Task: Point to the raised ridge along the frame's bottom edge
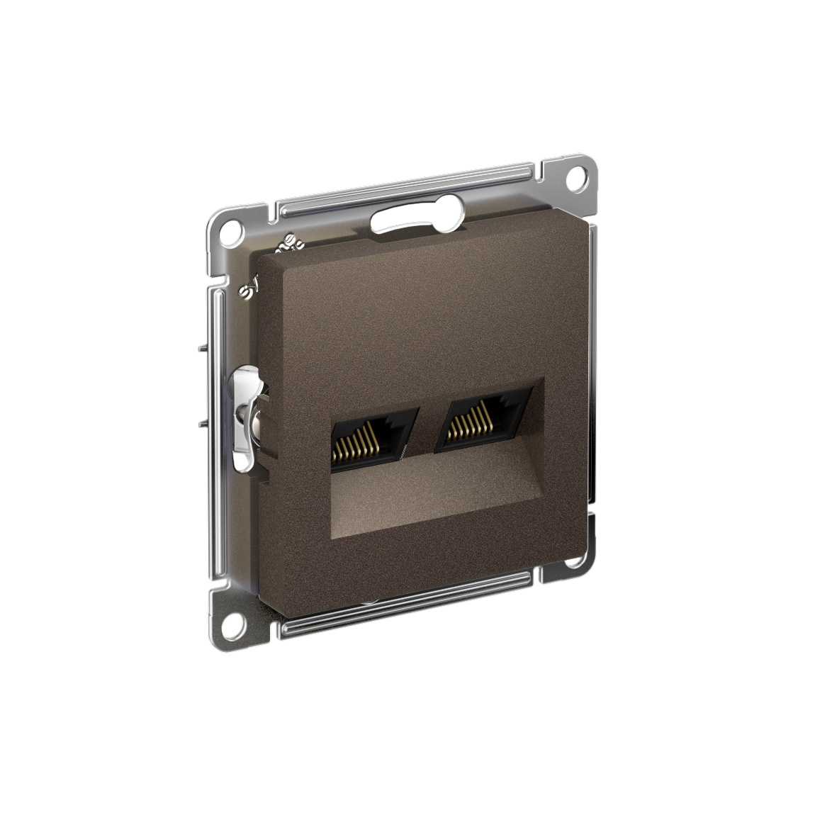(418, 602)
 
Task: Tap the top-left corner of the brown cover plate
(264, 261)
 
